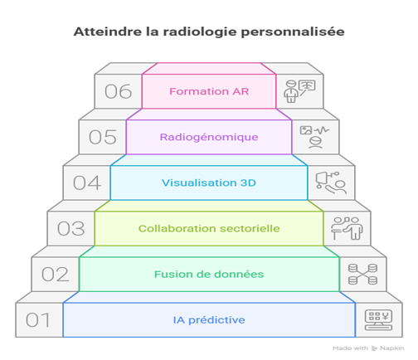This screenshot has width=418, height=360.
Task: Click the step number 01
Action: pyautogui.click(x=38, y=320)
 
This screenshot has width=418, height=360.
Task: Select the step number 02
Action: pyautogui.click(x=55, y=275)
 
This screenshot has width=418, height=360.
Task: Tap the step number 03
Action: pyautogui.click(x=70, y=229)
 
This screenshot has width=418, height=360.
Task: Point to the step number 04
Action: pyautogui.click(x=87, y=182)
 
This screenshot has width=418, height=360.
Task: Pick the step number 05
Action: pyautogui.click(x=103, y=137)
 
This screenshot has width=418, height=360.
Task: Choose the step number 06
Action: pyautogui.click(x=119, y=91)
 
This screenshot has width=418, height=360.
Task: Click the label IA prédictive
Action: pyautogui.click(x=209, y=320)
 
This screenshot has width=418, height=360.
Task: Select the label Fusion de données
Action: pyautogui.click(x=209, y=275)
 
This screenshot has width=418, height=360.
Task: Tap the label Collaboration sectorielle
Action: pyautogui.click(x=209, y=229)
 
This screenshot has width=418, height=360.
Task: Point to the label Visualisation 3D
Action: pyautogui.click(x=209, y=182)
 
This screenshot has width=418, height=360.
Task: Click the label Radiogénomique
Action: pyautogui.click(x=209, y=138)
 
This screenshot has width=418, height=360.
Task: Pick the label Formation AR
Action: pyautogui.click(x=209, y=91)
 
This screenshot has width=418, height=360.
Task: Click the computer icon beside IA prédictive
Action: pyautogui.click(x=378, y=320)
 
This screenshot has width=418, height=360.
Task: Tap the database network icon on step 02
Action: pyautogui.click(x=362, y=274)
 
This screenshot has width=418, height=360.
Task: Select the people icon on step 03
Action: pyautogui.click(x=347, y=228)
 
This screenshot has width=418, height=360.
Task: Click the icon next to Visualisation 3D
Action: pyautogui.click(x=331, y=182)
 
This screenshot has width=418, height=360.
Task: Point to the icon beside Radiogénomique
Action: pyautogui.click(x=315, y=137)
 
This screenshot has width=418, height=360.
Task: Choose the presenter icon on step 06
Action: pyautogui.click(x=299, y=91)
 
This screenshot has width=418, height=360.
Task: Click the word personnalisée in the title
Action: pyautogui.click(x=293, y=32)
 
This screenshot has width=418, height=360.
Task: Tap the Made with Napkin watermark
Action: pyautogui.click(x=368, y=348)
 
